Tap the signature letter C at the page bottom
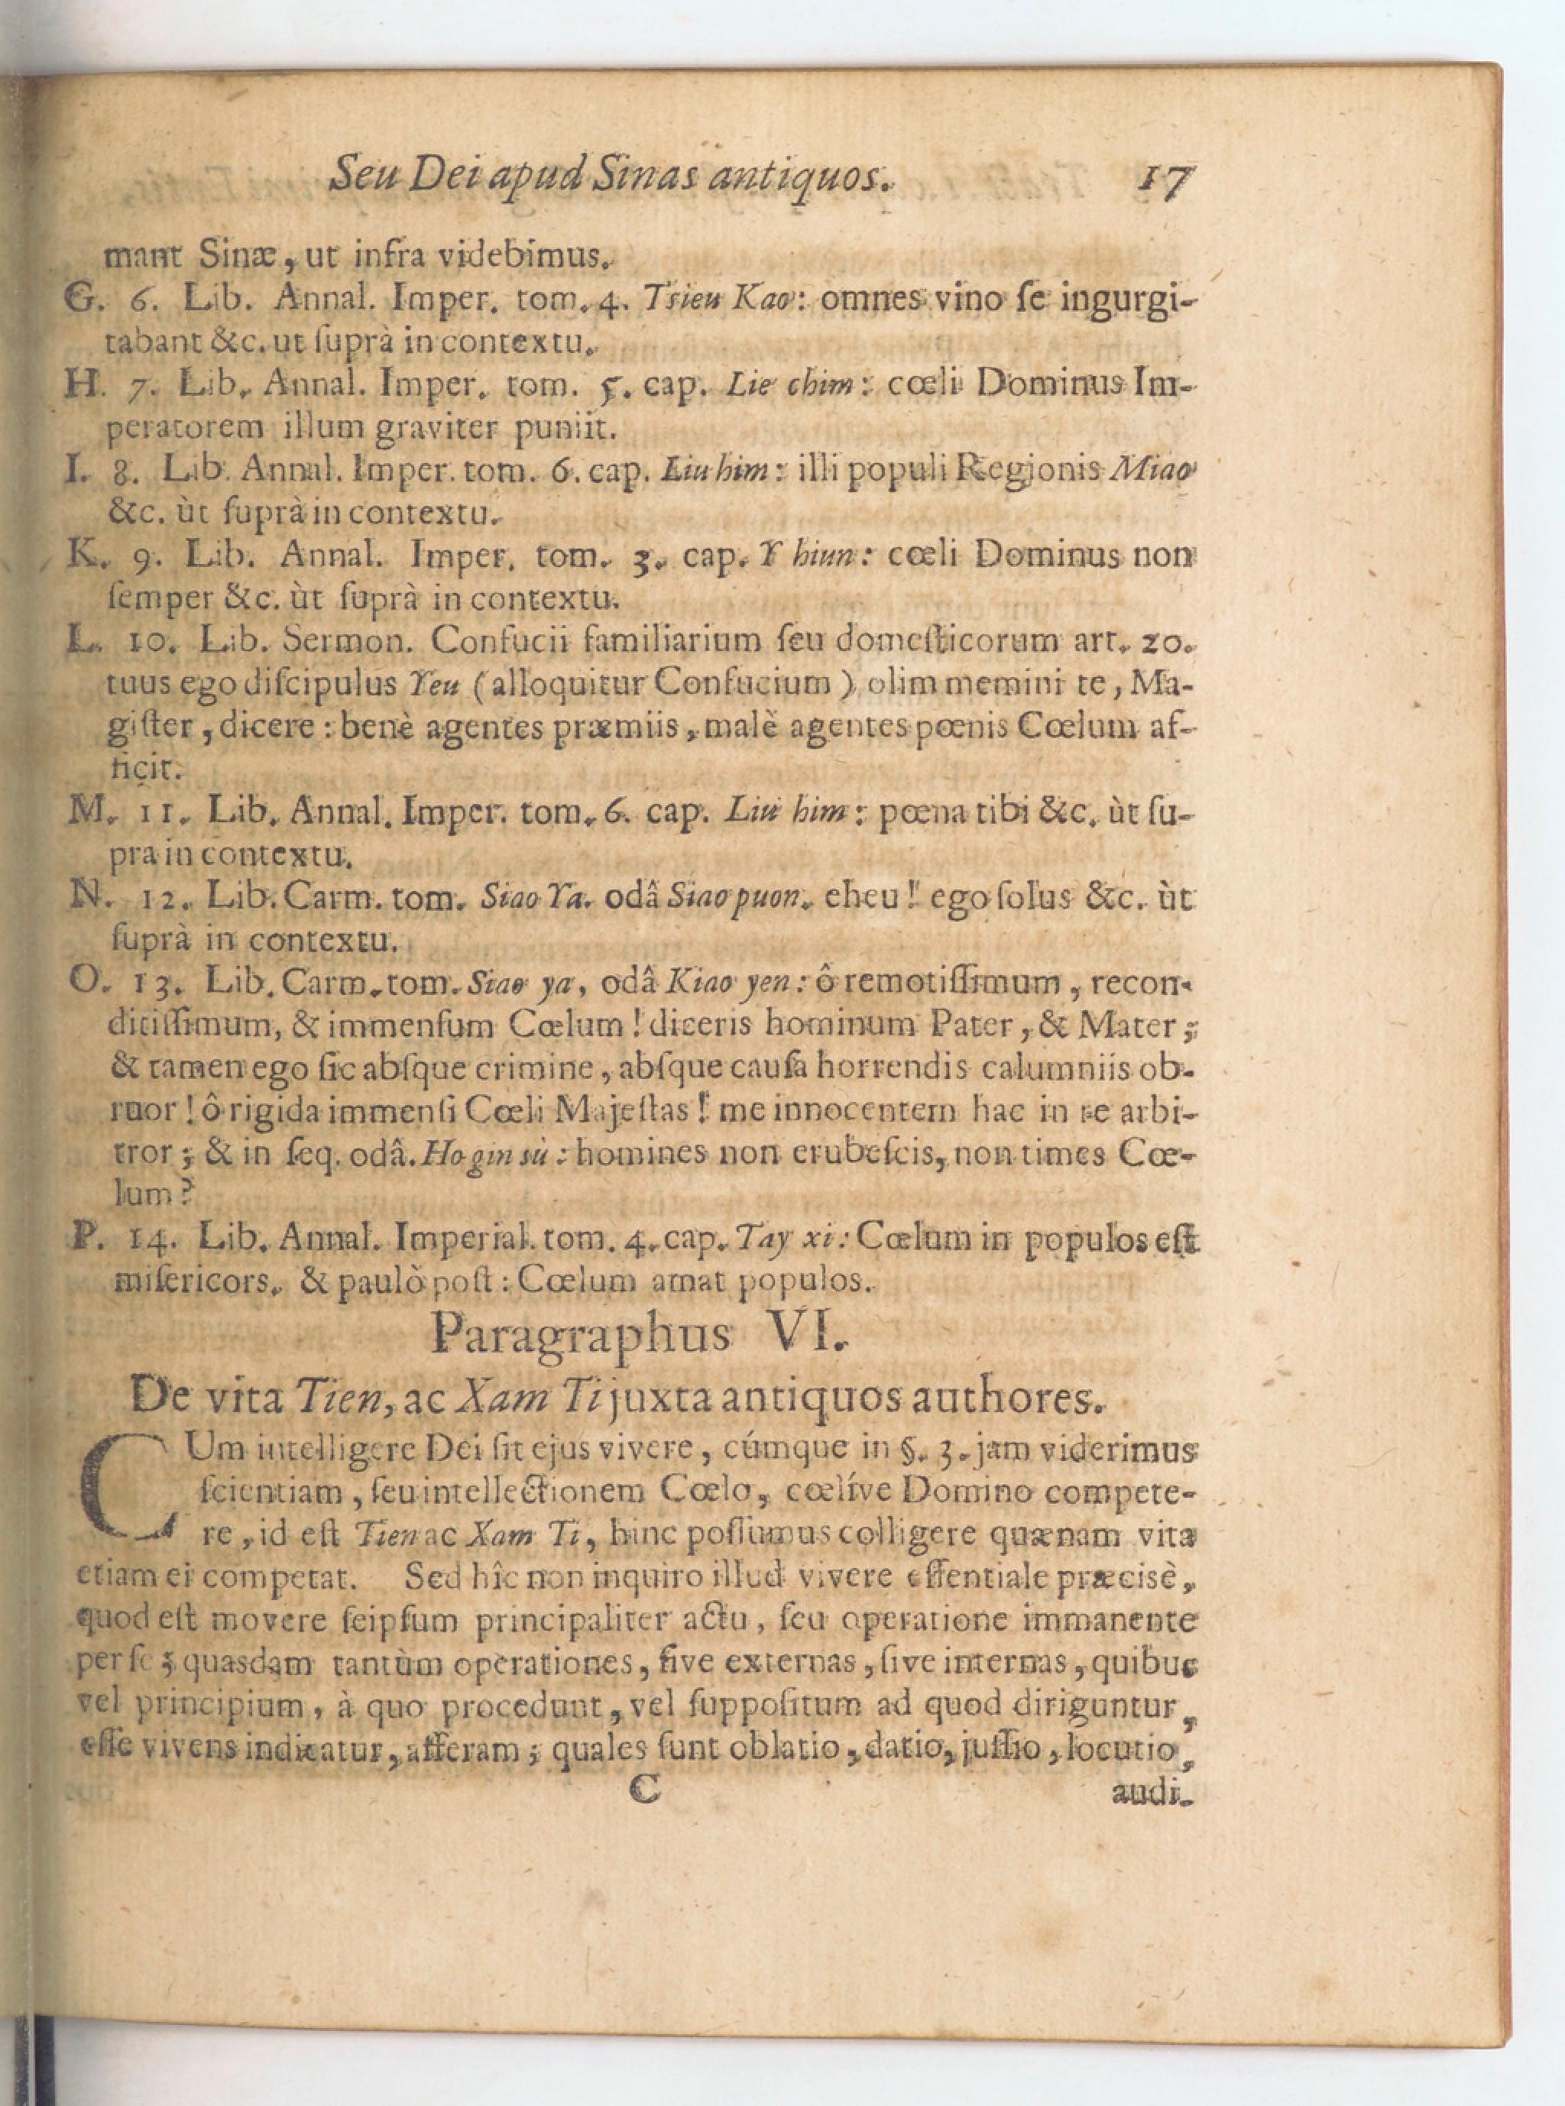644,1789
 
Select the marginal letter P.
83,1241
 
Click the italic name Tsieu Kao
695,300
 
